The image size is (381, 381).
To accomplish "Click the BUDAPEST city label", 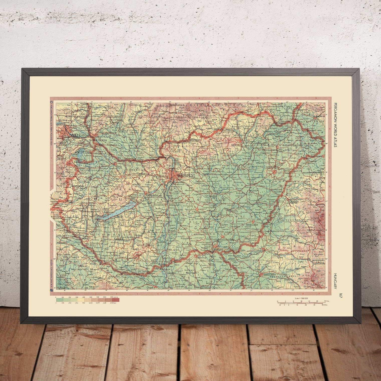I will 186,176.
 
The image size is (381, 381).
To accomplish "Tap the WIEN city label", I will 77,135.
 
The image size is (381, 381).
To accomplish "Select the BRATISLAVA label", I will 93,140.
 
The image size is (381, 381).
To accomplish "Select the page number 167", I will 340,295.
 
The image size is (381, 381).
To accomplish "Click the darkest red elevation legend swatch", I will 115,300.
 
